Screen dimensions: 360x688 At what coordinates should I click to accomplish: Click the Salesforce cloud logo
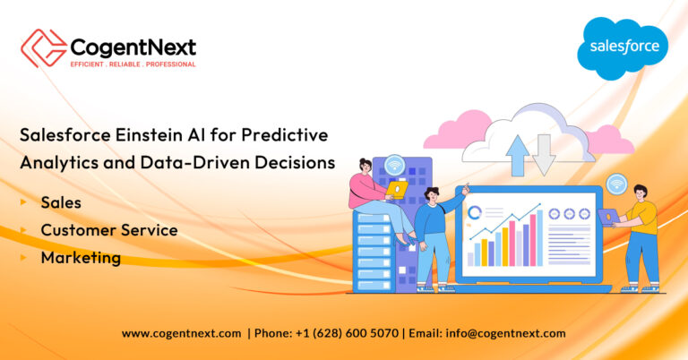(x=623, y=47)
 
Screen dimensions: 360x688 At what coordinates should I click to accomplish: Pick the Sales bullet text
(x=61, y=202)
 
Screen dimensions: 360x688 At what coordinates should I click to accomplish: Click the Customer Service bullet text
(x=108, y=230)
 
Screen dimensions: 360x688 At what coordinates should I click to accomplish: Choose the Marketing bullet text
(x=81, y=258)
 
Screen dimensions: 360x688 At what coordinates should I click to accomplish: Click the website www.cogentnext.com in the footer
(x=181, y=333)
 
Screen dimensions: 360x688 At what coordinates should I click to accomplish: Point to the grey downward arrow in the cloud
(x=544, y=153)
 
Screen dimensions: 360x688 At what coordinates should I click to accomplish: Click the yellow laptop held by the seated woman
(x=396, y=189)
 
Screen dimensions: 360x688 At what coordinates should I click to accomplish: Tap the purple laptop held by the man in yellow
(x=608, y=215)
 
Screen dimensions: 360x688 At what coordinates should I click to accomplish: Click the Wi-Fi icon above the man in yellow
(x=615, y=184)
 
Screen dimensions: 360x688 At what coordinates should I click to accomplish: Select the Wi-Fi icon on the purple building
(x=394, y=165)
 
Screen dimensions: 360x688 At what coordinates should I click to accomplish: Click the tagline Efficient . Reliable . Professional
(x=133, y=64)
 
